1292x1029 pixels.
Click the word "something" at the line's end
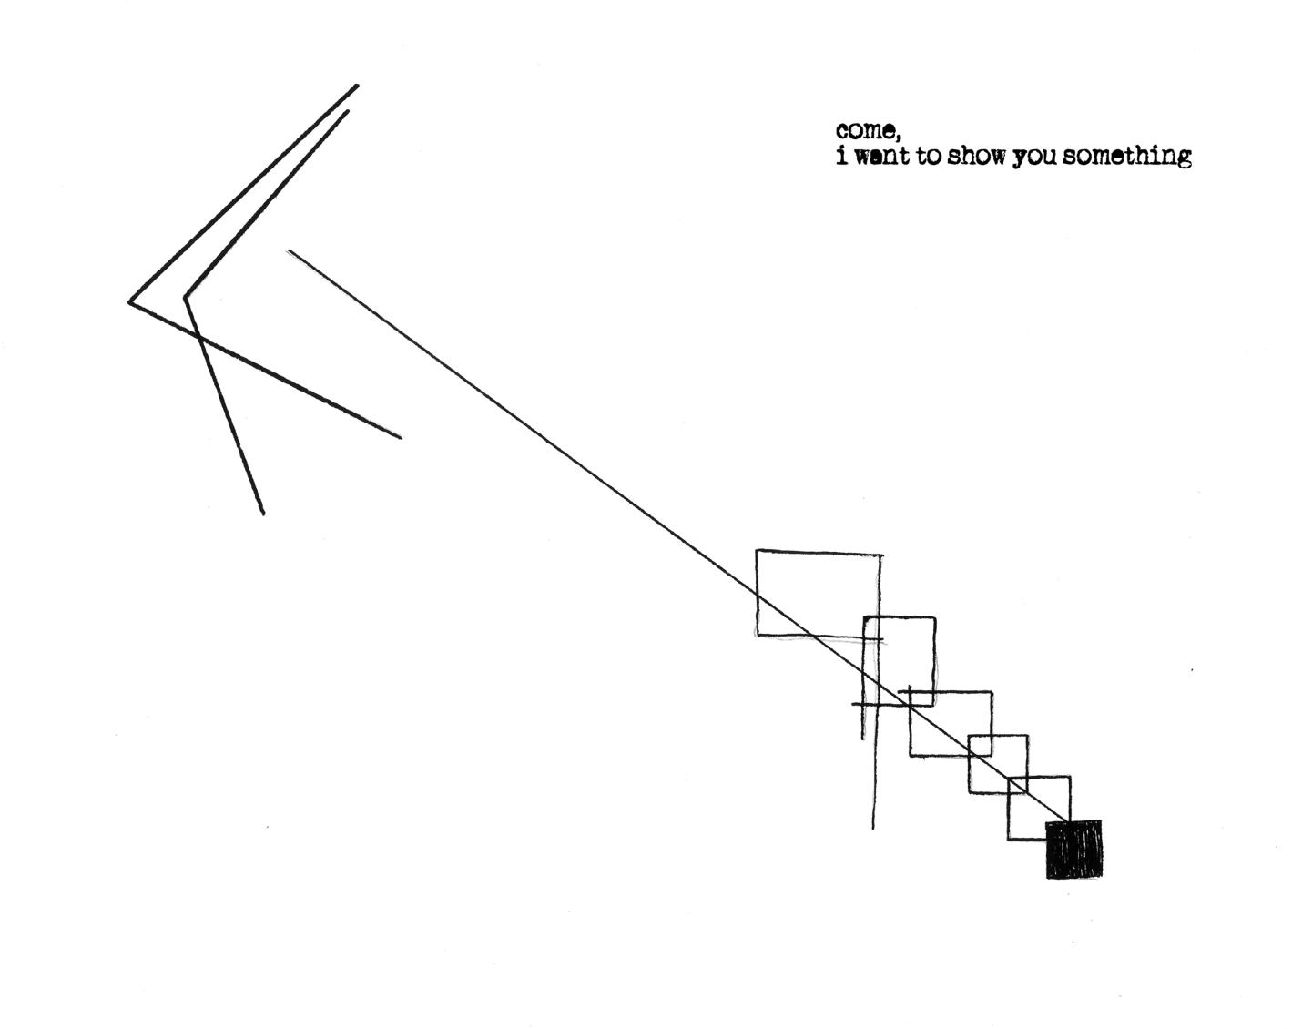pos(1126,157)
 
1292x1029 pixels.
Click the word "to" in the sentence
pos(929,157)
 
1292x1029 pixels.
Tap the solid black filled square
pos(1073,849)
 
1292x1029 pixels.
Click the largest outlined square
pos(819,592)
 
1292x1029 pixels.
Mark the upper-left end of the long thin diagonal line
pos(289,250)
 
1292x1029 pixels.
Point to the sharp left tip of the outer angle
pos(129,301)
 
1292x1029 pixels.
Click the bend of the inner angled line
pos(186,297)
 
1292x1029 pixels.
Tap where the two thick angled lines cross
pos(199,338)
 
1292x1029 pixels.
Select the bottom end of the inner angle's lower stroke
pos(264,514)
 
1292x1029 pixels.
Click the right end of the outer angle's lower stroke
pos(401,438)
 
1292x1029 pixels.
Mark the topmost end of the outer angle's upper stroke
pos(357,86)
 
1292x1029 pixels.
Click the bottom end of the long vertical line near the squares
pos(873,829)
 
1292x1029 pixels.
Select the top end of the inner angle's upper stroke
pos(348,111)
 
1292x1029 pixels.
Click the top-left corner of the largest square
pos(758,550)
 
